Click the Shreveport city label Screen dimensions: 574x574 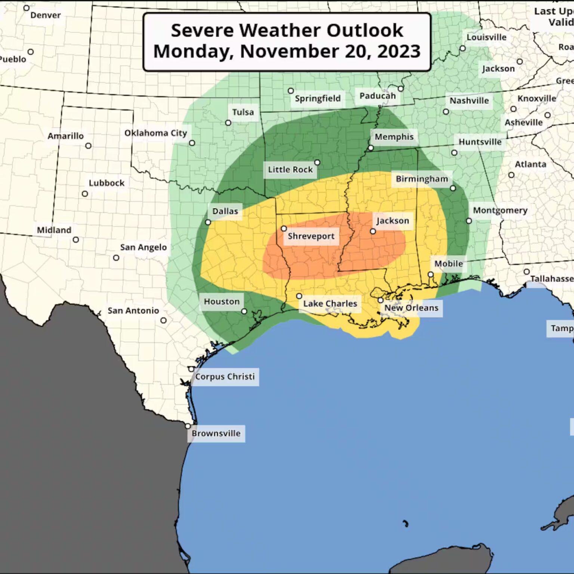coord(311,236)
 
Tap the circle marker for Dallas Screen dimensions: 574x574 coord(208,222)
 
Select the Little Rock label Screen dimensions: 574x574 coord(290,170)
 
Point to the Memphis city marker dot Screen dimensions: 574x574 coord(371,148)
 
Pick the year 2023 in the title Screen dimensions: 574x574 coord(399,51)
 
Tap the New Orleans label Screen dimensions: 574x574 coord(411,308)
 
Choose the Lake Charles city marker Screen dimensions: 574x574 coord(299,296)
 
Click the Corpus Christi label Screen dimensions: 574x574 coord(225,377)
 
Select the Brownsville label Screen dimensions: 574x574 coord(216,433)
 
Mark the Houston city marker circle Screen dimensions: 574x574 coord(244,311)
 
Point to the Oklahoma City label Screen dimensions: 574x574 coord(155,133)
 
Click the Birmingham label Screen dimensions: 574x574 coord(422,179)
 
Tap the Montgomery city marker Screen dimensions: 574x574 coord(469,221)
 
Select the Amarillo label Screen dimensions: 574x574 coord(65,136)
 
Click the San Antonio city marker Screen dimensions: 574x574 coord(163,320)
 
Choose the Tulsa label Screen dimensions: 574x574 coord(243,112)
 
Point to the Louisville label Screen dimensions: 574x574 coord(486,37)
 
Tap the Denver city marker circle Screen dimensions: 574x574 coord(26,8)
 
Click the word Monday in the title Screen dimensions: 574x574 coord(192,51)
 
